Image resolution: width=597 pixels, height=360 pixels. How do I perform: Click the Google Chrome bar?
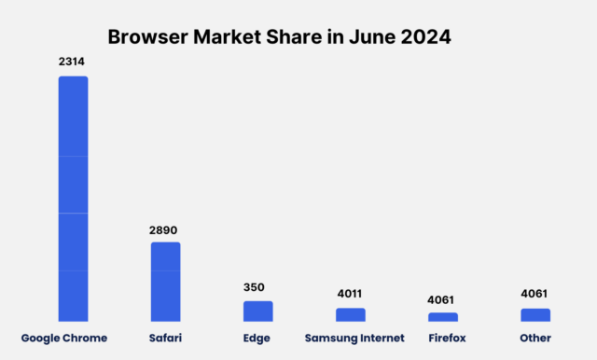point(73,199)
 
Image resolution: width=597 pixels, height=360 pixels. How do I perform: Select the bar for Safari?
point(165,282)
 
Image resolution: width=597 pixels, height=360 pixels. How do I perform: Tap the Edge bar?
point(257,311)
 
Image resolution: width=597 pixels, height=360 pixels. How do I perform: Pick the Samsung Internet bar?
point(351,314)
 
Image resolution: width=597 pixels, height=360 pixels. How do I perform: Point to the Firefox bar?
point(443,317)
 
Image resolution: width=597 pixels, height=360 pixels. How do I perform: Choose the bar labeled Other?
point(535,314)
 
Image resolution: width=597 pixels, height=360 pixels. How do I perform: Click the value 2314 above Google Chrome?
point(73,61)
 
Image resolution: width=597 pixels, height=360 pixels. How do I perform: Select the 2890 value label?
point(165,228)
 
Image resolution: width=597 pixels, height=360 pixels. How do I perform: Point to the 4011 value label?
point(351,294)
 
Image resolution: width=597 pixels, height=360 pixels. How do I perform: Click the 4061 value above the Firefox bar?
point(443,299)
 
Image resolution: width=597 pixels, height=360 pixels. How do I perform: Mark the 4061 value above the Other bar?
point(535,294)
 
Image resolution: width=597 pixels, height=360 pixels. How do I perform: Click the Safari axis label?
point(165,338)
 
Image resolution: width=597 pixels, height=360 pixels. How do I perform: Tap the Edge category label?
point(257,338)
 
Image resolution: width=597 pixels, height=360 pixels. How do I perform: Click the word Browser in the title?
point(148,37)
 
